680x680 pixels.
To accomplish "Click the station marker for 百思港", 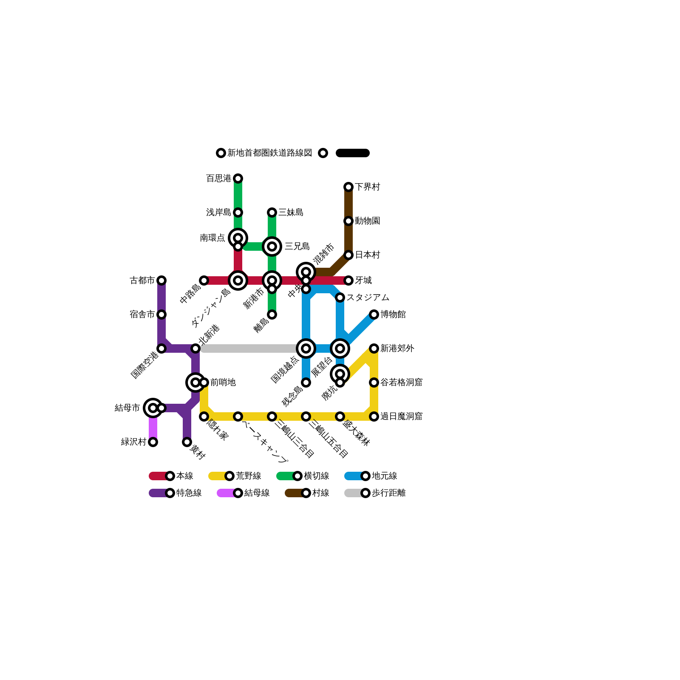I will (x=238, y=178).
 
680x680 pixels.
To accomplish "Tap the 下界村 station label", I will (x=367, y=187).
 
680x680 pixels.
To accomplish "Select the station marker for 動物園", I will (x=348, y=221).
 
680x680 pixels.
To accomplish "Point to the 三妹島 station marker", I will (x=272, y=212).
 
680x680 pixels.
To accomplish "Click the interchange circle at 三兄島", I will (x=272, y=246).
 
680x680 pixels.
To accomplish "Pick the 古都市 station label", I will (x=142, y=280).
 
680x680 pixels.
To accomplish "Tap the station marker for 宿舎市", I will (x=161, y=314).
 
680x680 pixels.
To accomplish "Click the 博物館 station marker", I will (x=374, y=314).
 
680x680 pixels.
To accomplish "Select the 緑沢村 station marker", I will (x=153, y=442).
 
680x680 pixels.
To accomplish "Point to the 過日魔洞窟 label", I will (x=401, y=416).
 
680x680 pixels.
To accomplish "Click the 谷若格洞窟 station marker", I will (x=374, y=382).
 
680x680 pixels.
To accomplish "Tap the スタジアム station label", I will (x=368, y=297).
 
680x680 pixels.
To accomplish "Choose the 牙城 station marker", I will (x=348, y=280).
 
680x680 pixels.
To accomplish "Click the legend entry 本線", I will (x=184, y=476).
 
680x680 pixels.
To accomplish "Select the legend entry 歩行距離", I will (x=388, y=493).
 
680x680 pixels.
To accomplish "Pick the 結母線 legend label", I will (x=257, y=493).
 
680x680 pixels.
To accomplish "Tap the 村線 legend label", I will (x=320, y=493).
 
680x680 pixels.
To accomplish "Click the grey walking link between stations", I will (x=251, y=348).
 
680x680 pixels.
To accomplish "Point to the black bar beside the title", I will (x=353, y=153).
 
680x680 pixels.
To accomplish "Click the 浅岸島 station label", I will (x=218, y=212).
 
